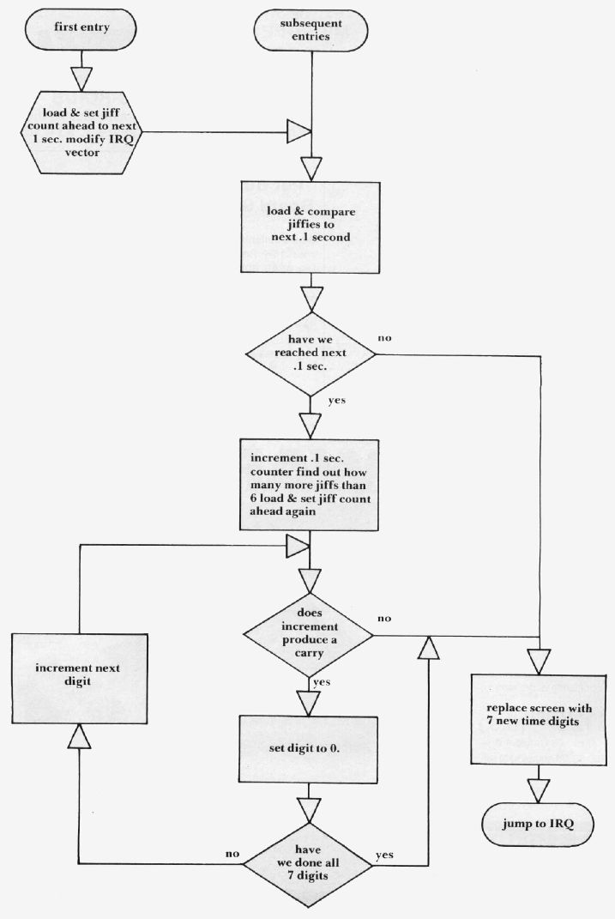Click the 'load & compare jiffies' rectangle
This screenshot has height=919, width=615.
309,225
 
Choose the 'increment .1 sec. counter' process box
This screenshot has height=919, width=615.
309,484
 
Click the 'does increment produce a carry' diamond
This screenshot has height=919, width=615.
309,636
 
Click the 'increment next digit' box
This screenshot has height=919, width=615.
80,675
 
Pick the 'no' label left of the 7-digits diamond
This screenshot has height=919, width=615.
232,855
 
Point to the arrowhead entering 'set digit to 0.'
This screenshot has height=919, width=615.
309,700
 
